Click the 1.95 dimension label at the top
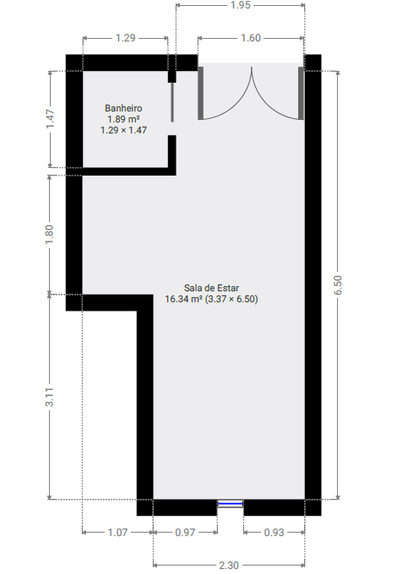239,6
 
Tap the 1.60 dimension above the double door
251,38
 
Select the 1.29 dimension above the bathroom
126,38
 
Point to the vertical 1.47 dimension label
51,119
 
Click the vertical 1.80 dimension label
50,232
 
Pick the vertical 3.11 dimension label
50,397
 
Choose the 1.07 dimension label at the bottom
117,533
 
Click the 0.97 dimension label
185,533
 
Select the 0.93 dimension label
274,533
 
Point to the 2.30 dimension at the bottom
229,565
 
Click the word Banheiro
123,108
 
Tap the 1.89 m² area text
123,119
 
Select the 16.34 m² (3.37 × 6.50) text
211,299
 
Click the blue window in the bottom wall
230,504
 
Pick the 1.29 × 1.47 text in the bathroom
123,130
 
